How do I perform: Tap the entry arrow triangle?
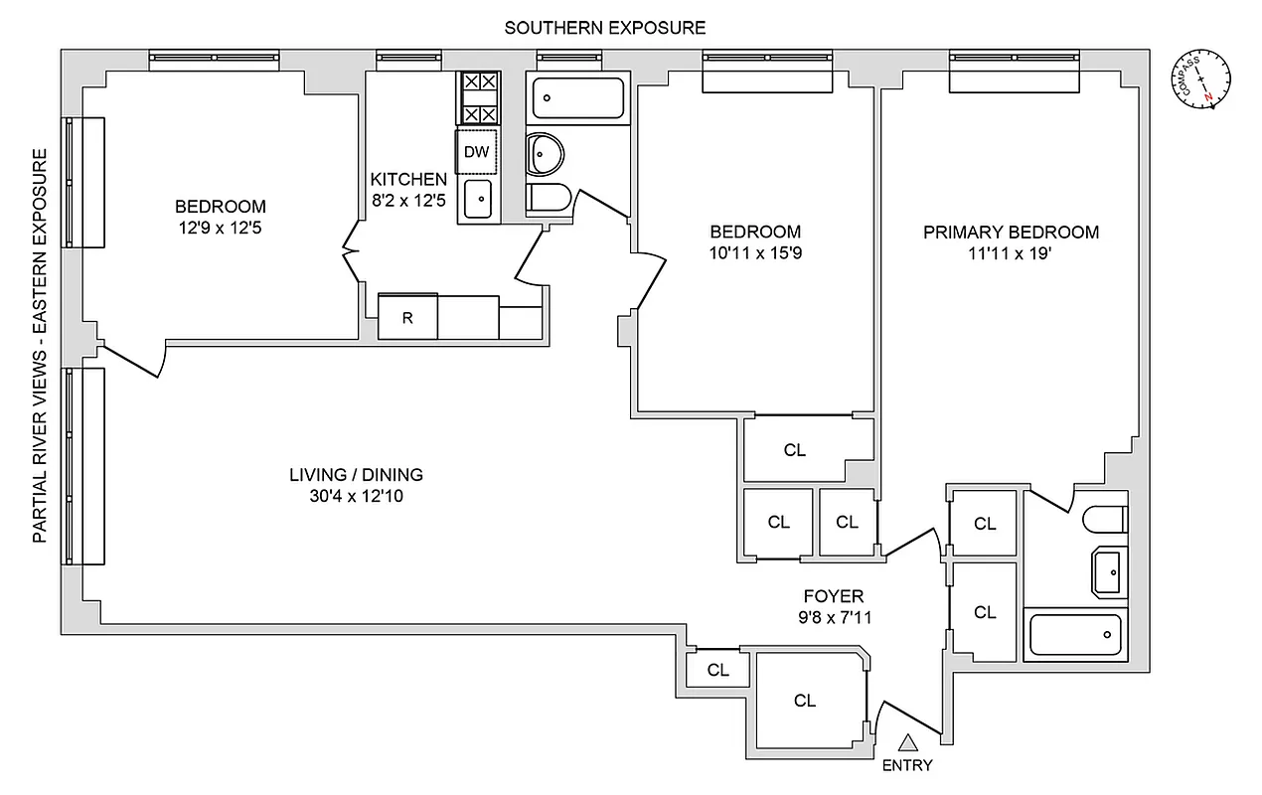(x=907, y=741)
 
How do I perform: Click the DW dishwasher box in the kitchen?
(x=477, y=152)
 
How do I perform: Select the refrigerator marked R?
(x=407, y=318)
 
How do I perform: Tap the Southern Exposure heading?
(x=605, y=27)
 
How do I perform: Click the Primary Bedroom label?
(x=1011, y=233)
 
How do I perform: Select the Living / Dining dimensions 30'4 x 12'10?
(x=356, y=495)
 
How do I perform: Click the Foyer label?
(x=834, y=596)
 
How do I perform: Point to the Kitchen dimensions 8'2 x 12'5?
(x=408, y=201)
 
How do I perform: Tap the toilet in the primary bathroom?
(x=1103, y=520)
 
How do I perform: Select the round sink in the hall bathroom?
(x=544, y=153)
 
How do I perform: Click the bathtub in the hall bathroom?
(x=576, y=98)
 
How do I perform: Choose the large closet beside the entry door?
(x=805, y=701)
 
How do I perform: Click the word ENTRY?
(x=907, y=765)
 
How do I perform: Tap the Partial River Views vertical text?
(x=41, y=345)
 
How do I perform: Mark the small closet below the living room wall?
(x=717, y=670)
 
